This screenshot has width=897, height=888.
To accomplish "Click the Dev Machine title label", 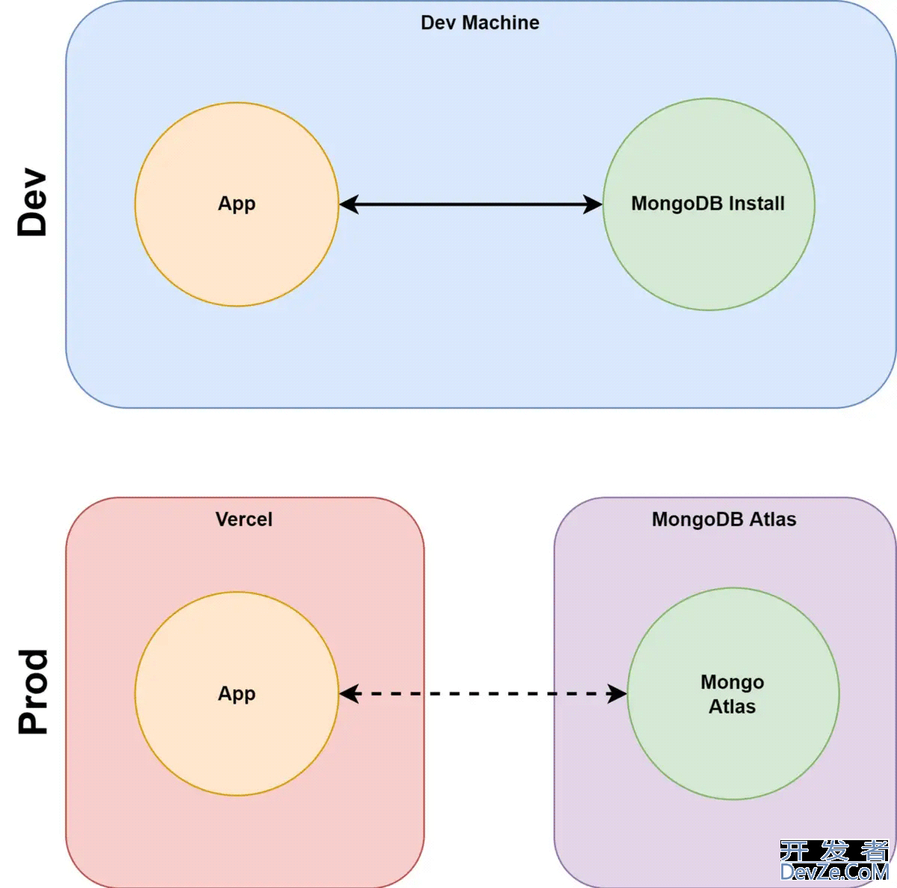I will click(x=480, y=23).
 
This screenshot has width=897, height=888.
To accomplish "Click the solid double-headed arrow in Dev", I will click(x=471, y=204).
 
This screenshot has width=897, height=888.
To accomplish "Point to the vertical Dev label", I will click(x=33, y=202).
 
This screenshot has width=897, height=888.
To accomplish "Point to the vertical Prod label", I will click(x=33, y=691).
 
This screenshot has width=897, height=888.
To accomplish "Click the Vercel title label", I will click(x=244, y=519).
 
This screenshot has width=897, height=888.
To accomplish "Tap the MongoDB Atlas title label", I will click(x=724, y=519).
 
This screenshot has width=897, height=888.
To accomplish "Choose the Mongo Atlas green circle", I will click(x=733, y=755).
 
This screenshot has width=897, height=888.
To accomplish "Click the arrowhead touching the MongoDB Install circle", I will click(x=593, y=204).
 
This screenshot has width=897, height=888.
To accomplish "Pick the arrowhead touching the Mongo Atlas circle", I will click(x=617, y=694).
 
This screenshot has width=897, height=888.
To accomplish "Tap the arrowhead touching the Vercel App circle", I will click(x=349, y=694).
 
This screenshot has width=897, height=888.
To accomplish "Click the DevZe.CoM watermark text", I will click(x=833, y=872).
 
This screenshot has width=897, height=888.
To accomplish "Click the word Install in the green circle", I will click(x=756, y=203).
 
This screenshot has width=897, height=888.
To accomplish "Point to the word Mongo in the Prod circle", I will click(x=733, y=682).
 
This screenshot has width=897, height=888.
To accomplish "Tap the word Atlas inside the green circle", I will click(x=733, y=706).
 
